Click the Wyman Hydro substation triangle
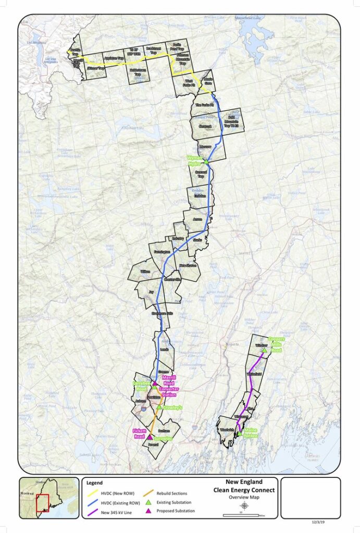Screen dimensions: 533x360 tap(206, 161)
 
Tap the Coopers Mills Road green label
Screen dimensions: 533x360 tap(276, 344)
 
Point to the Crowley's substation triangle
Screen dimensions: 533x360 tap(159, 407)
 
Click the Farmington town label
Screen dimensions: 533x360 tap(162, 252)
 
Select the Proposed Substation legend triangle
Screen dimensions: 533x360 tap(148, 511)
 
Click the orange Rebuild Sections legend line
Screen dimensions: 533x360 tap(148, 493)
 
